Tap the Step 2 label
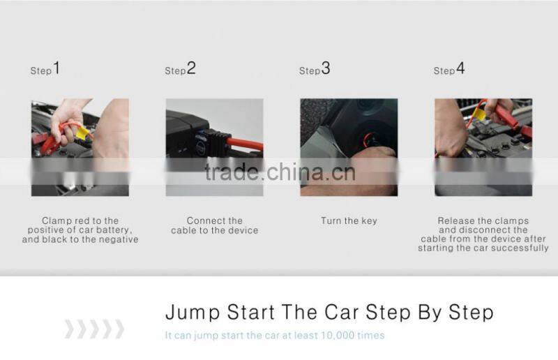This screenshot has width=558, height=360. pyautogui.click(x=180, y=69)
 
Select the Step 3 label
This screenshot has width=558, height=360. pyautogui.click(x=315, y=69)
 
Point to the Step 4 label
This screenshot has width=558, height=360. pyautogui.click(x=449, y=69)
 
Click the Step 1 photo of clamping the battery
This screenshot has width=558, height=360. pyautogui.click(x=80, y=147)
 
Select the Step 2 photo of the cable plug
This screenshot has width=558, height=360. pyautogui.click(x=214, y=147)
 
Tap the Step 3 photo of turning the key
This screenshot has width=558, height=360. pyautogui.click(x=349, y=147)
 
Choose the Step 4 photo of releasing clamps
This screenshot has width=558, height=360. pyautogui.click(x=483, y=147)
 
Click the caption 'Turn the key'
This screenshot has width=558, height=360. pyautogui.click(x=349, y=221)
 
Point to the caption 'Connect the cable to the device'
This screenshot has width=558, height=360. pyautogui.click(x=214, y=225)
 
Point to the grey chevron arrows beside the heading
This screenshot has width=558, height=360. pyautogui.click(x=94, y=329)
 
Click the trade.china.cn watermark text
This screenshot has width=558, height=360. pyautogui.click(x=280, y=172)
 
